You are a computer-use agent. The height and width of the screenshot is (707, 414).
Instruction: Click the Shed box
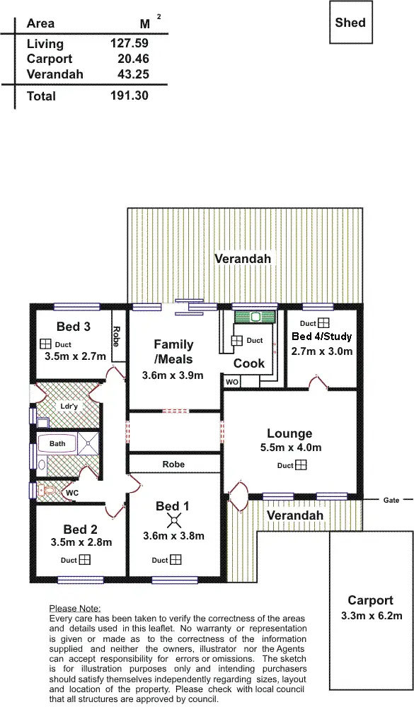pyautogui.click(x=350, y=22)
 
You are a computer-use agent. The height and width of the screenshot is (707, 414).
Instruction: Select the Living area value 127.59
pyautogui.click(x=129, y=44)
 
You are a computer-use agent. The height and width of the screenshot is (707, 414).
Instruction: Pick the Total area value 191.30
pyautogui.click(x=129, y=95)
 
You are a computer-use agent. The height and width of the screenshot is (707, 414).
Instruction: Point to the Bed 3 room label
pyautogui.click(x=73, y=327)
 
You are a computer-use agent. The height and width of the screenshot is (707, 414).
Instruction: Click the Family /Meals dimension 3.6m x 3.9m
pyautogui.click(x=173, y=375)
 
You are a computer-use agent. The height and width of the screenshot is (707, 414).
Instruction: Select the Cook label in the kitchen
pyautogui.click(x=249, y=363)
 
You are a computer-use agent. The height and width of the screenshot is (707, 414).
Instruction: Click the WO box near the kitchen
pyautogui.click(x=232, y=382)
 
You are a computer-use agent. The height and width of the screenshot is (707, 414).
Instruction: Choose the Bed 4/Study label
pyautogui.click(x=322, y=336)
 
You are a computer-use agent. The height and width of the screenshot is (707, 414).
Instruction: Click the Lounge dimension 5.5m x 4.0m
pyautogui.click(x=289, y=448)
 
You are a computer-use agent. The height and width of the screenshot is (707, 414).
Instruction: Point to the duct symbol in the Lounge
pyautogui.click(x=301, y=465)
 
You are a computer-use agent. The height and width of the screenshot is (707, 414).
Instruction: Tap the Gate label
pyautogui.click(x=391, y=500)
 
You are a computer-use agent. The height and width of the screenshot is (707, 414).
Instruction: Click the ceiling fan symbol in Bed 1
pyautogui.click(x=173, y=522)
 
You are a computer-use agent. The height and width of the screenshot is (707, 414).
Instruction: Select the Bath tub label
pyautogui.click(x=57, y=444)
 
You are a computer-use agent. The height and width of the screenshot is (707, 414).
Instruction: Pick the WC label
pyautogui.click(x=71, y=492)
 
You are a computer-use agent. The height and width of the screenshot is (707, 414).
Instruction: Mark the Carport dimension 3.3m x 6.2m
pyautogui.click(x=370, y=615)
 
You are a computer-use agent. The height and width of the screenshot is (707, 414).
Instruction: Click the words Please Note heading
pyautogui.click(x=75, y=608)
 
